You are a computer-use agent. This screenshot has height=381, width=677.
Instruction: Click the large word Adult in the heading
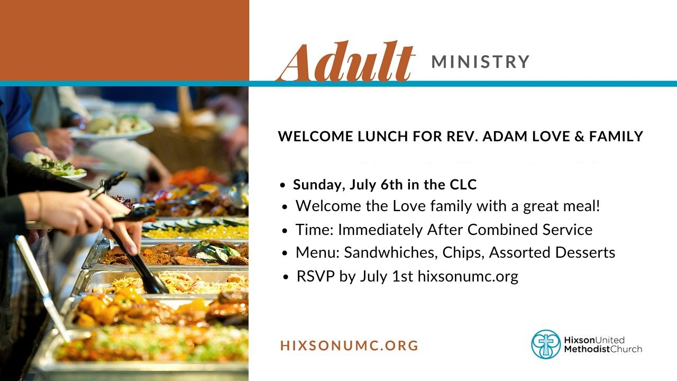click(x=345, y=62)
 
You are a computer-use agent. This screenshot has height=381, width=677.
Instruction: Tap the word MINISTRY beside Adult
click(x=480, y=62)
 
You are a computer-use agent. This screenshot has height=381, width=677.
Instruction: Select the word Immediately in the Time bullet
click(x=380, y=230)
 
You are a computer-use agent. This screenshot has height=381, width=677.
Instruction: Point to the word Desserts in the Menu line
click(x=585, y=252)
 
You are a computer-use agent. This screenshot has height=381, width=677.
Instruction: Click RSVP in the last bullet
click(x=316, y=276)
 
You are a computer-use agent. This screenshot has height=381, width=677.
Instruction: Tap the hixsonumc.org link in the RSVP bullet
click(x=468, y=277)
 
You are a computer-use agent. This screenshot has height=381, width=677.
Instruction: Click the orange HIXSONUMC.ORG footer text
click(x=350, y=346)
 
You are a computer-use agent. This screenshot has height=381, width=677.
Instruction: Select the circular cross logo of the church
click(x=546, y=344)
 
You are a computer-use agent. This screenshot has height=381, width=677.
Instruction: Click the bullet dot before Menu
click(x=285, y=253)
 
